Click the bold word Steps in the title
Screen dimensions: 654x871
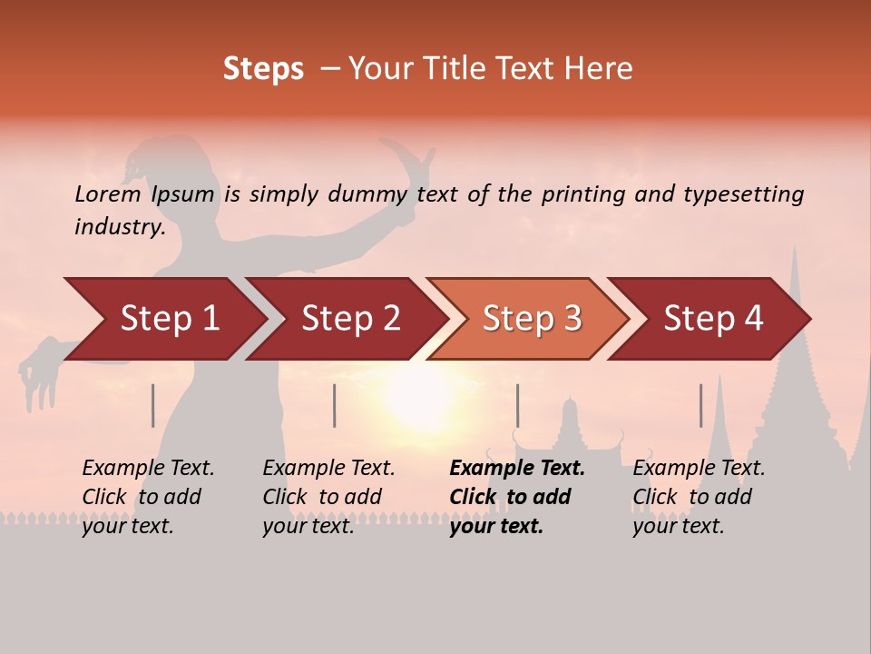tap(263, 69)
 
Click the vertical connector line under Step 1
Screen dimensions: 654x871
tap(153, 405)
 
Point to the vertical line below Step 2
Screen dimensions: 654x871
tap(335, 405)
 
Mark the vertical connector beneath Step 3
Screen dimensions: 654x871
tap(517, 405)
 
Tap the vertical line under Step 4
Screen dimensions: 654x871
tap(700, 405)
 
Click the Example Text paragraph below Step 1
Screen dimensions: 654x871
tap(147, 497)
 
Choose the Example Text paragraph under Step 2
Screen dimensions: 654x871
tap(328, 497)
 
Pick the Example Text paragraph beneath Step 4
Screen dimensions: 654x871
tap(698, 497)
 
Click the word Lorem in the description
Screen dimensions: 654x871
tap(108, 193)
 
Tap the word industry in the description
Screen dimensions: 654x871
tap(120, 226)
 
